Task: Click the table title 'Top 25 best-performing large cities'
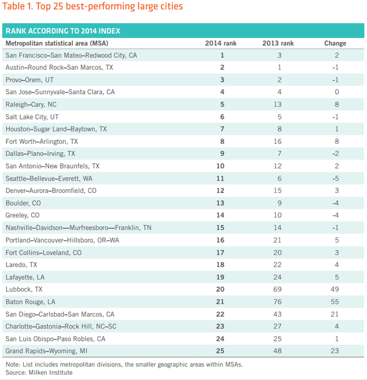110,7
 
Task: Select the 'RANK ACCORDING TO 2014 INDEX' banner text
63,31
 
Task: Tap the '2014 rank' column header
221,43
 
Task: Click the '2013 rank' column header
278,43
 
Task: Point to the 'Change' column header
335,43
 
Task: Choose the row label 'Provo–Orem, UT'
30,80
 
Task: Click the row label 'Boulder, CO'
23,203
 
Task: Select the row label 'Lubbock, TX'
24,289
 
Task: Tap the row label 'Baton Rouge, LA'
30,302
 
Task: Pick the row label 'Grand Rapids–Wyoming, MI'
46,351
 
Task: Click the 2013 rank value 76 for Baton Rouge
277,302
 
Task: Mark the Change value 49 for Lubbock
335,289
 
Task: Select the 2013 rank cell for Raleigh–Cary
277,104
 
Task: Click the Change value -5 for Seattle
336,179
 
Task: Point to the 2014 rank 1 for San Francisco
222,55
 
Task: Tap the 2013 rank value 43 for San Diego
277,314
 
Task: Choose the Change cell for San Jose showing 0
337,92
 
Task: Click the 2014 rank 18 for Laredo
220,265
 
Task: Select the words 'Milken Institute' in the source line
50,372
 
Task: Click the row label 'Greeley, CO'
22,215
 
